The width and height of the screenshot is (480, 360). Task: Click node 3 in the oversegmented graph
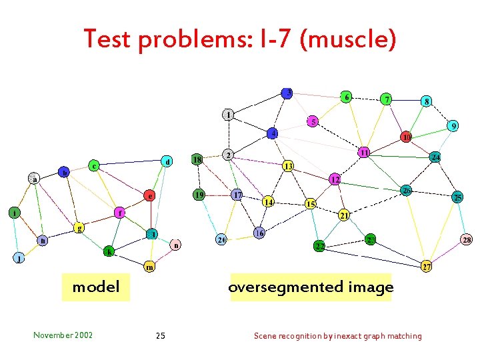pos(287,92)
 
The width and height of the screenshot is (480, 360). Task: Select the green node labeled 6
pos(346,96)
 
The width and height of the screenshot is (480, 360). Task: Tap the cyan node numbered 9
pos(453,125)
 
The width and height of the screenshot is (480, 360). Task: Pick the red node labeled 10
pos(405,137)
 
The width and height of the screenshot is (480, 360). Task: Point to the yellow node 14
pos(268,201)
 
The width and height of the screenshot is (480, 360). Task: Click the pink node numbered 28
pos(467,239)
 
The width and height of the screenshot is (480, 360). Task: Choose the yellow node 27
pos(426,267)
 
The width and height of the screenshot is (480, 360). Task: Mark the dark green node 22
pos(320,247)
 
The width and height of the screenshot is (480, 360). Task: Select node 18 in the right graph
pos(197,159)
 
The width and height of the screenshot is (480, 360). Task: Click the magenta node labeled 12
pos(335,179)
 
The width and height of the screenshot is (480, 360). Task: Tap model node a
pos(33,178)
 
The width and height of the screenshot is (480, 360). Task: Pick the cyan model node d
pos(167,161)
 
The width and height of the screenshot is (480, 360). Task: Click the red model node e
pos(151,196)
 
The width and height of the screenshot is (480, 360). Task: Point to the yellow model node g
pos(79,227)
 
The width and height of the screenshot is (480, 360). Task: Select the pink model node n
pos(175,245)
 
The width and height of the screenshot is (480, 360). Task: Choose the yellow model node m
pos(151,267)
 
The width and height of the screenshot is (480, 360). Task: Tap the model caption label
pos(95,287)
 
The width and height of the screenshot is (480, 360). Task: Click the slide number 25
pos(160,335)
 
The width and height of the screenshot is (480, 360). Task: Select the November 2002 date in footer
pos(63,335)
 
